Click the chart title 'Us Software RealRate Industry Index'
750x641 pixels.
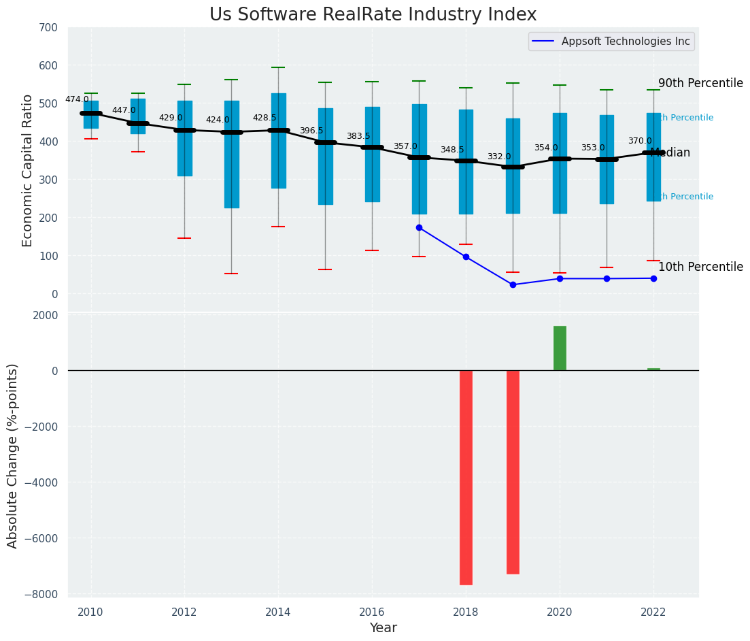(373, 15)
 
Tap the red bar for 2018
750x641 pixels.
(466, 477)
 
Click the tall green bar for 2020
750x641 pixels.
(560, 348)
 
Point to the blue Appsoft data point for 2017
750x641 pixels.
(419, 228)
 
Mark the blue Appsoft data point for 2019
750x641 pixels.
(513, 284)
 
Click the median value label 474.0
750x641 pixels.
(77, 99)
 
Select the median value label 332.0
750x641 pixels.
(499, 157)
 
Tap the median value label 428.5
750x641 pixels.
(265, 118)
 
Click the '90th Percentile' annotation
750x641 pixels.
(700, 83)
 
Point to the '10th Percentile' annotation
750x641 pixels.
(700, 267)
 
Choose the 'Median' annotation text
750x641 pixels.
(672, 153)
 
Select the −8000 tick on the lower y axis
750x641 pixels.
(41, 594)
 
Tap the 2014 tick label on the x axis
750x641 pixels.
(278, 612)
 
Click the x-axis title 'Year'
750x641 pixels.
(383, 628)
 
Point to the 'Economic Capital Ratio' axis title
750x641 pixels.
(28, 170)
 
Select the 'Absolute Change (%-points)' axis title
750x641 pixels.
(13, 455)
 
